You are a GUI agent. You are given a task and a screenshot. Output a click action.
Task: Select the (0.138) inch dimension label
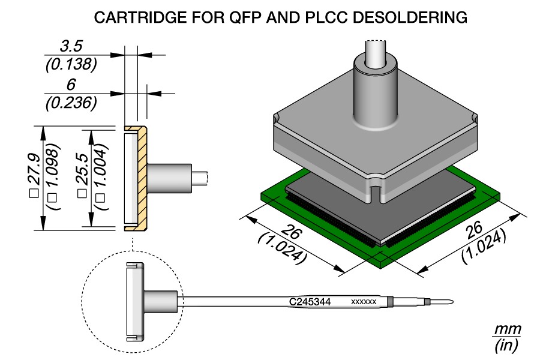[71, 64]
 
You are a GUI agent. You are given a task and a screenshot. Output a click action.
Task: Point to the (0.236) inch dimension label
[71, 103]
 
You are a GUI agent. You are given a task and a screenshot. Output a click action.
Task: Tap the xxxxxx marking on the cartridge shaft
[364, 302]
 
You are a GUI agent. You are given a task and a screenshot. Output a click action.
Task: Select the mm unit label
[508, 330]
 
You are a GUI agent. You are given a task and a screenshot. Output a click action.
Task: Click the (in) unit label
[508, 346]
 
